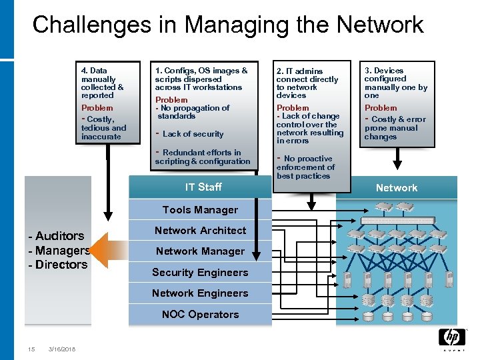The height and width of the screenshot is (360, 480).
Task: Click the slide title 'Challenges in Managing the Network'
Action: [x=227, y=25]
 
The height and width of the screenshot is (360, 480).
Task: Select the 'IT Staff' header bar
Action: [x=204, y=187]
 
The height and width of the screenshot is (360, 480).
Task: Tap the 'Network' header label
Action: [x=396, y=188]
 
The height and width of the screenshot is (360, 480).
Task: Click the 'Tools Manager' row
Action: [x=200, y=210]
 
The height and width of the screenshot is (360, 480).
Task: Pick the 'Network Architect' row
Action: [x=200, y=231]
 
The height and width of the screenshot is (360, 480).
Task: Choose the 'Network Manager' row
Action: [x=200, y=251]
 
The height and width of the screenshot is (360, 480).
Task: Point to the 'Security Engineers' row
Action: [x=200, y=272]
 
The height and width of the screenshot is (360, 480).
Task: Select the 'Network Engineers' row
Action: [x=200, y=293]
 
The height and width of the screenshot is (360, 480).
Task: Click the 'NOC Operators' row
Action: [x=200, y=314]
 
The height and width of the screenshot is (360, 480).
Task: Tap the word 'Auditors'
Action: [x=59, y=236]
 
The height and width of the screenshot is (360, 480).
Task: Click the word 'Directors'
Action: [x=61, y=265]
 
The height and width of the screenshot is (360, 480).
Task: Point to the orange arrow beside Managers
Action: [x=108, y=250]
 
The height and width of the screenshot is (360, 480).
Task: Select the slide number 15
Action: [x=31, y=349]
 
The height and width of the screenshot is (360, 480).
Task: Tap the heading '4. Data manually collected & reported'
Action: [x=102, y=83]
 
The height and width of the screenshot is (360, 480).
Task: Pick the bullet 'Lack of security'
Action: [x=192, y=134]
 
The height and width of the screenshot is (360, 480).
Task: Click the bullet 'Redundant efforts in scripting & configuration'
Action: [x=202, y=157]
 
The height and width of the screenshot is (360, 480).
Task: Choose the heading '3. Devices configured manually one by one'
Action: [x=395, y=83]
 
